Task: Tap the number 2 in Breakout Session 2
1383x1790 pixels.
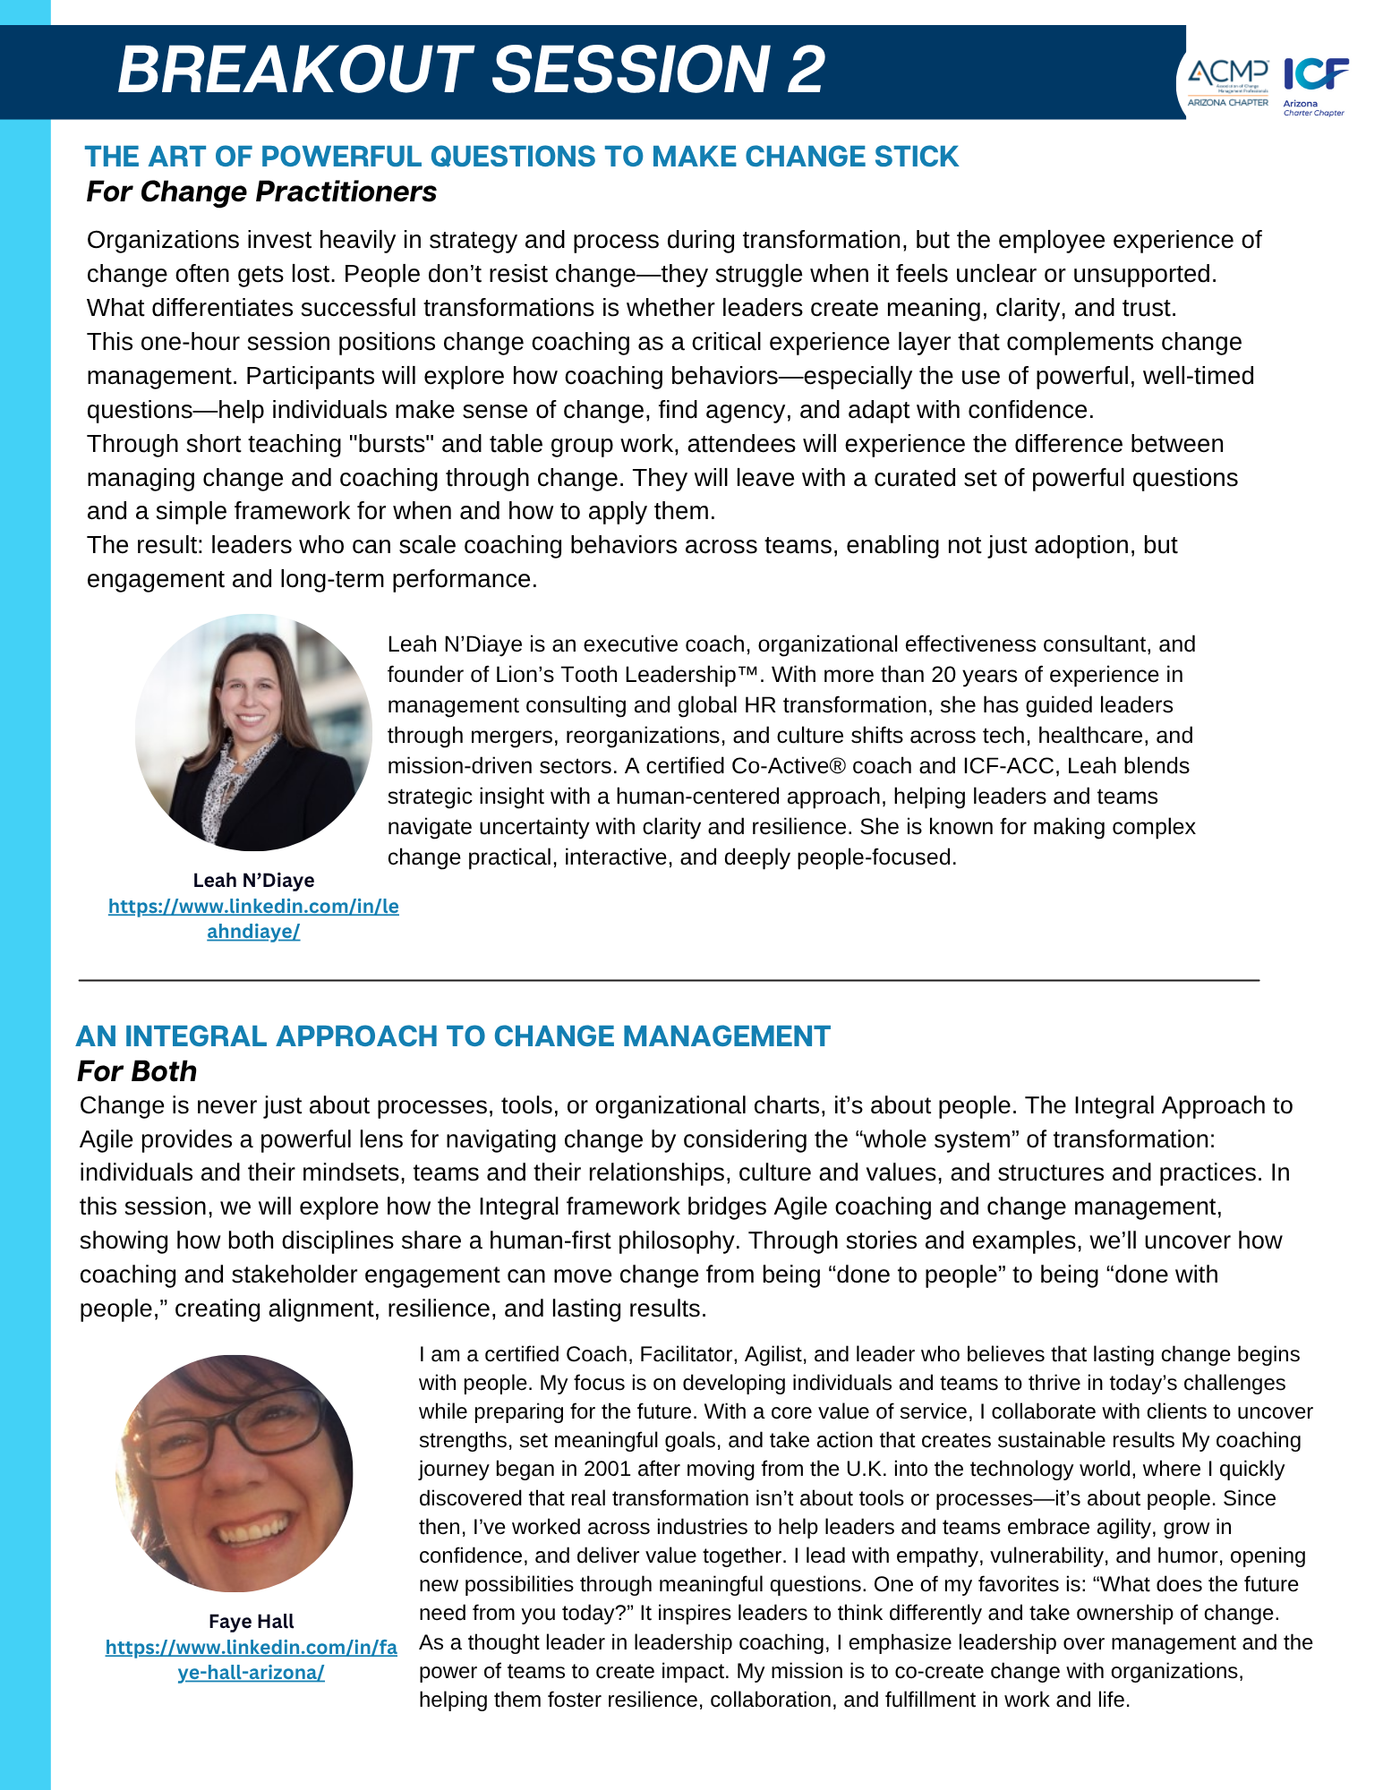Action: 806,70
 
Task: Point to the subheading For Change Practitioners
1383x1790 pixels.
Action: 261,192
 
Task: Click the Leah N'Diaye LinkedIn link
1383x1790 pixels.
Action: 253,918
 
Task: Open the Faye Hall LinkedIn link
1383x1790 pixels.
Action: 251,1659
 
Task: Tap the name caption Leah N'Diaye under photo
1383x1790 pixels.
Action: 253,881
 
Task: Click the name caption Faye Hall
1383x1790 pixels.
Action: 251,1622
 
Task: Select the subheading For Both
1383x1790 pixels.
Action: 137,1071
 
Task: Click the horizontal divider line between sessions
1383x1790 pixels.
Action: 669,981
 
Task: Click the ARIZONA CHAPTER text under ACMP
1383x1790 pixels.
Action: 1227,103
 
